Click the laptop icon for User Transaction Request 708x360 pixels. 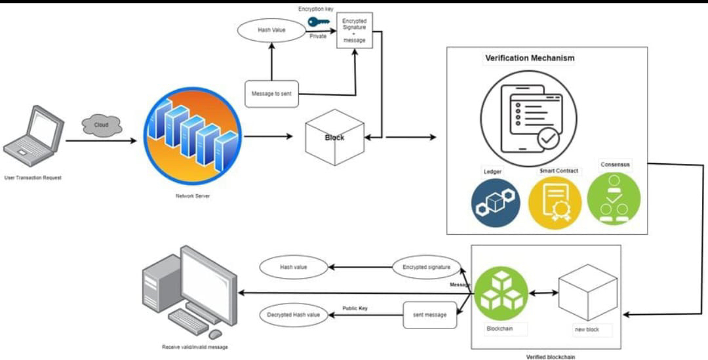click(x=33, y=137)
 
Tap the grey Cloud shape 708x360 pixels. click(x=102, y=125)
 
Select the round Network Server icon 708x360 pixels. click(x=192, y=136)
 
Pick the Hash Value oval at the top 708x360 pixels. click(x=271, y=30)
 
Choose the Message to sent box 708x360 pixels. click(x=271, y=94)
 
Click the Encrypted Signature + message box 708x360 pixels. click(x=355, y=30)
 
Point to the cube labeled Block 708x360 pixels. click(x=334, y=137)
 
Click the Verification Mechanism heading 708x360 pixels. click(x=529, y=58)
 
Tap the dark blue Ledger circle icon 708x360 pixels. click(x=495, y=203)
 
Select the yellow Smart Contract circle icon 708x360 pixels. click(x=555, y=203)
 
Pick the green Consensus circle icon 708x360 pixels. click(x=614, y=198)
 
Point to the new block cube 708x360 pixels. click(x=587, y=292)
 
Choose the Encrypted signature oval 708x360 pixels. click(x=426, y=268)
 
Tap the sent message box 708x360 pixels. click(x=429, y=315)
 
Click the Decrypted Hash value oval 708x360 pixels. click(x=293, y=315)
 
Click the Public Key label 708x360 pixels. click(x=355, y=308)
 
